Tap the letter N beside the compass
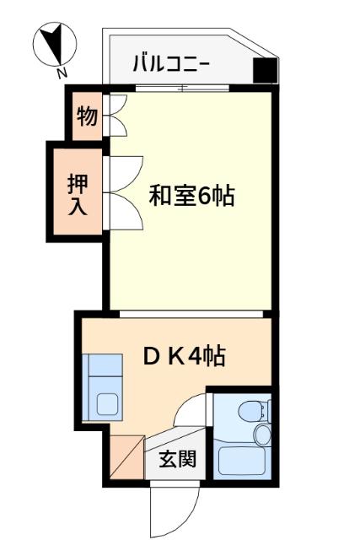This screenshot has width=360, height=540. pyautogui.click(x=62, y=73)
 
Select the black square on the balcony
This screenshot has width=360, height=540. pyautogui.click(x=264, y=73)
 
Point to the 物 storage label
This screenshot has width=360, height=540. pyautogui.click(x=86, y=116)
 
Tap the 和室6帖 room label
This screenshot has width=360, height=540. pyautogui.click(x=191, y=197)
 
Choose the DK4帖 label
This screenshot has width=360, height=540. pyautogui.click(x=183, y=356)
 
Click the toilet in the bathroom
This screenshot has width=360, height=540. pyautogui.click(x=252, y=411)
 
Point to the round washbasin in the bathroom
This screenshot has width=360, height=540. pyautogui.click(x=262, y=435)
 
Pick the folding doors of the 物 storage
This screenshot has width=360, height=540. pyautogui.click(x=116, y=116)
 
